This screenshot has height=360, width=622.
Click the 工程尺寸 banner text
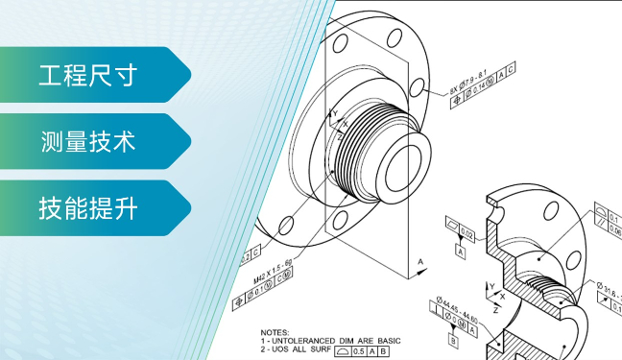[87, 74]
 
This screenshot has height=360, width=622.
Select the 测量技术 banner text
[87, 141]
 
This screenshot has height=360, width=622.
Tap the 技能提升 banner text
[87, 207]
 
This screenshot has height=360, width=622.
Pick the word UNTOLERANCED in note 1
[305, 341]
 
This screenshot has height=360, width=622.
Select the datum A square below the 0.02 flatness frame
[461, 252]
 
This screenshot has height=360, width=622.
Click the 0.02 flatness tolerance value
[467, 233]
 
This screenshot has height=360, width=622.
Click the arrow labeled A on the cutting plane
[419, 260]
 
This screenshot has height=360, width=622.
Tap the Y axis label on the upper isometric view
[335, 113]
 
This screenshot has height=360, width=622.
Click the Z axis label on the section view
[494, 311]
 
